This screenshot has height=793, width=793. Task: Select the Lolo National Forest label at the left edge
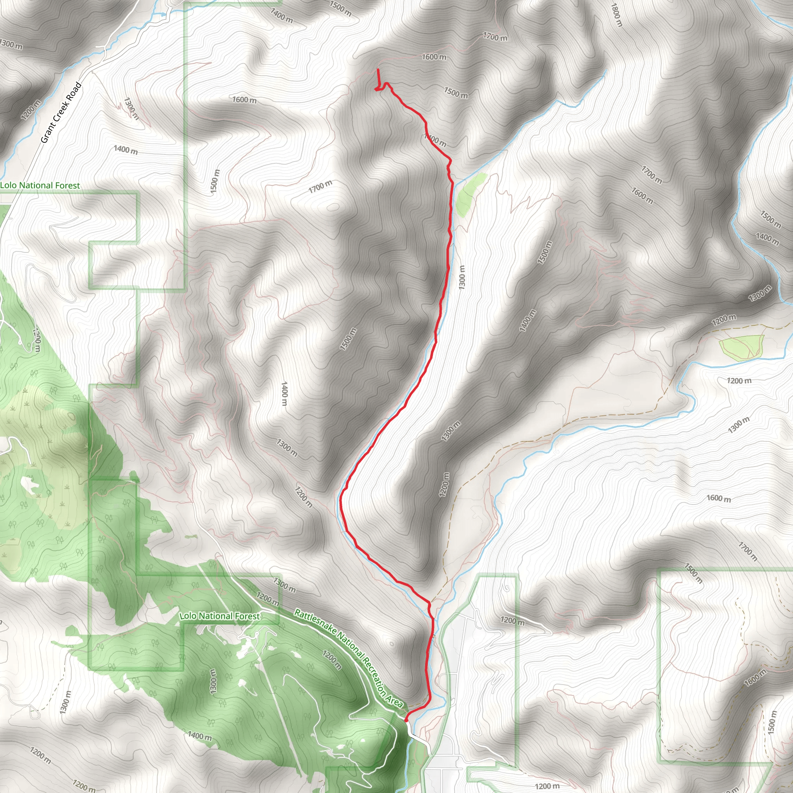pos(40,185)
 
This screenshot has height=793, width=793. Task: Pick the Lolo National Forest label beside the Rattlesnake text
pos(220,616)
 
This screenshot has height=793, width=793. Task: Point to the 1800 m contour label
pos(616,15)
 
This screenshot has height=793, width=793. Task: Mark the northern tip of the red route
pos(378,70)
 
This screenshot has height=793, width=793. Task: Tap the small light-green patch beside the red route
pos(471,194)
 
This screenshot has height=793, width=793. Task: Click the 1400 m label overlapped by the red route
pos(435,140)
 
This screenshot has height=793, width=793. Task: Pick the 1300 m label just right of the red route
pos(462,277)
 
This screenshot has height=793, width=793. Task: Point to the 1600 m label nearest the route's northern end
pos(434,57)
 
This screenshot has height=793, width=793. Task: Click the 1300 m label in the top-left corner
pos(11,44)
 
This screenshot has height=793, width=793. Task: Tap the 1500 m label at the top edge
pos(340,8)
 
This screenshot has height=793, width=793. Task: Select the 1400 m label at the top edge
pos(281,15)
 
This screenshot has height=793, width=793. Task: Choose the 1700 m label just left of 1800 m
pos(495,37)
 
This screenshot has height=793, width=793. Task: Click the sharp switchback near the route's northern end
pos(377,89)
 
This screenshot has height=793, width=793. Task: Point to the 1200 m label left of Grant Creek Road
pos(31,110)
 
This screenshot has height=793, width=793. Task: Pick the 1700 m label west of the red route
pos(320,186)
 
